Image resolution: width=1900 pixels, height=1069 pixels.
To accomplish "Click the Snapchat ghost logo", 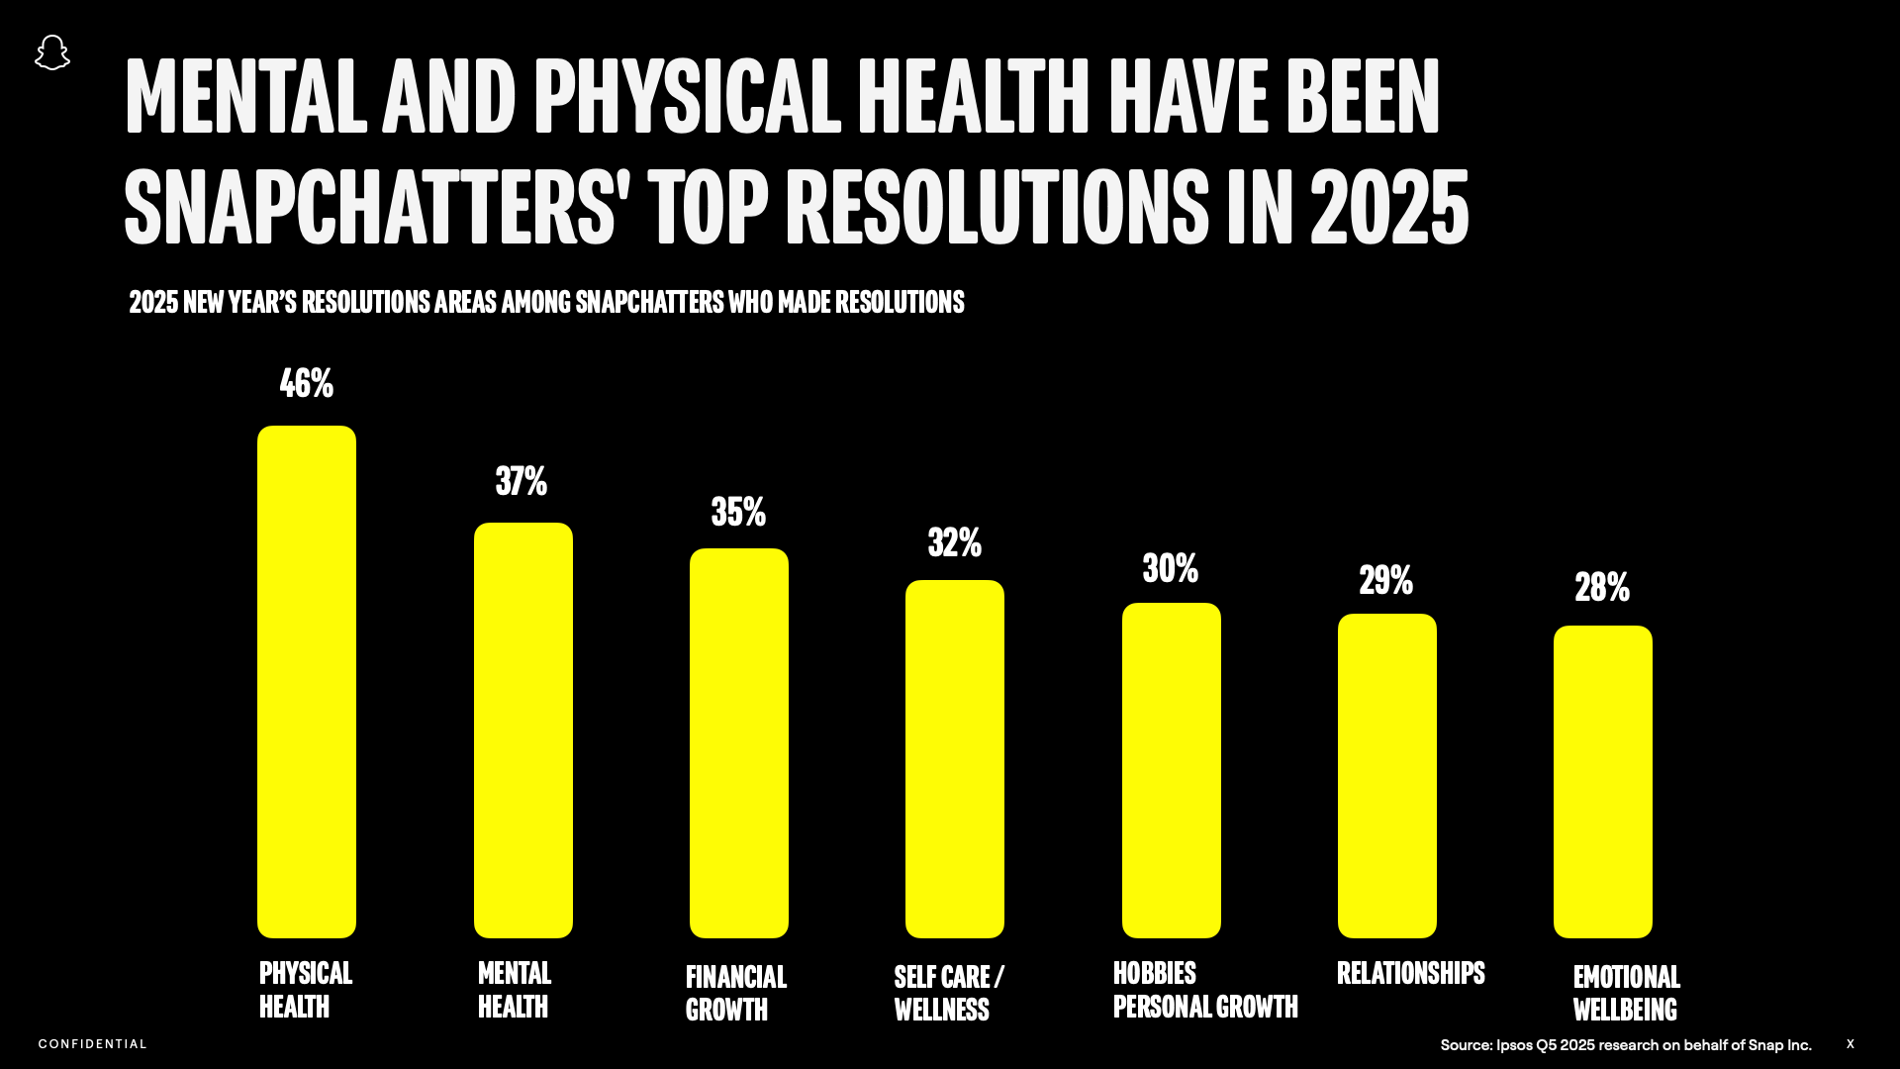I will (x=52, y=52).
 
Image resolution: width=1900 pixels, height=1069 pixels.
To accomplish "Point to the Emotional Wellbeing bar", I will (x=1602, y=781).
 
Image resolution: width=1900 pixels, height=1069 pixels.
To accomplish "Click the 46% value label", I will (x=307, y=384).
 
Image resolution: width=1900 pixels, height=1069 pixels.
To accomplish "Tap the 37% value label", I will (x=522, y=482).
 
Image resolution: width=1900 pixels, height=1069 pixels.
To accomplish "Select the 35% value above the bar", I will (x=738, y=513).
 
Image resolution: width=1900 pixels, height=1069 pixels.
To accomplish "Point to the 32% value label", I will (x=954, y=543).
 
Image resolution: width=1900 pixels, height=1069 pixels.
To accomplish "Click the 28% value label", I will (x=1602, y=588).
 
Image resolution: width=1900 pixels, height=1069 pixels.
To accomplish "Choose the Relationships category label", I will (x=1410, y=974).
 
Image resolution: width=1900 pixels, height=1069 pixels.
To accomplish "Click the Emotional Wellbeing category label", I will (x=1626, y=993).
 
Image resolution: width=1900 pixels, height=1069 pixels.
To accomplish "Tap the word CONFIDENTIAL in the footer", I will (x=93, y=1044).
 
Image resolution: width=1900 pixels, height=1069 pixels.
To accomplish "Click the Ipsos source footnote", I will (x=1625, y=1045).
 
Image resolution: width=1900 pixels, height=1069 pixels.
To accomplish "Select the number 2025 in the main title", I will (x=1389, y=206).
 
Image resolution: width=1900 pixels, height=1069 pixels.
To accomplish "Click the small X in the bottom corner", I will (x=1850, y=1044).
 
